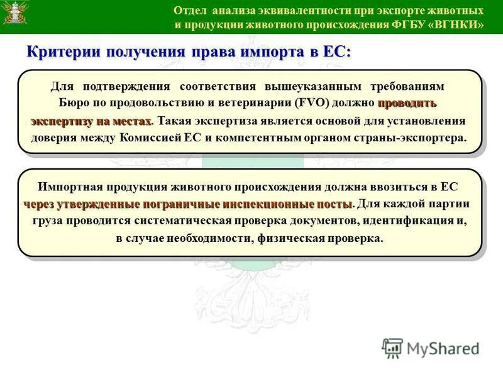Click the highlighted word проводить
coord(407,102)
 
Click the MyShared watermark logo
coord(430,349)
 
